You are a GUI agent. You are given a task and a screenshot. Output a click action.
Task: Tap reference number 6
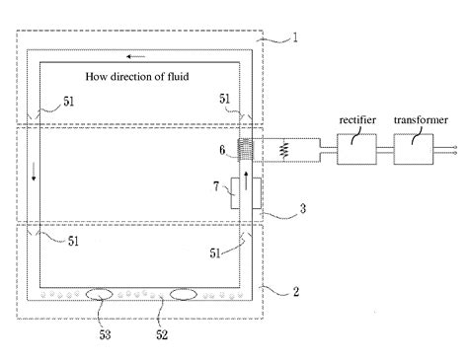pos(224,150)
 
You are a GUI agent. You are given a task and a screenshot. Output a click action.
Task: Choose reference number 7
pos(219,185)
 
